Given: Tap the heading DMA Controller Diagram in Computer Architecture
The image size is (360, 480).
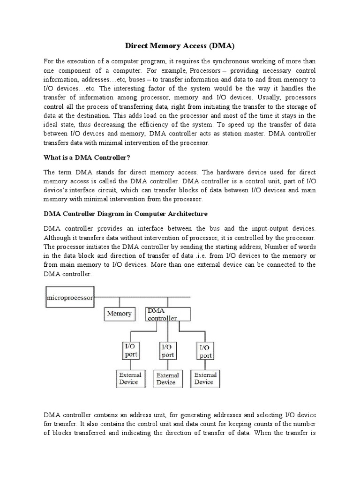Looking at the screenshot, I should [125, 214].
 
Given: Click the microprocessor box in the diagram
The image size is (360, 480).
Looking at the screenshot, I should [70, 298].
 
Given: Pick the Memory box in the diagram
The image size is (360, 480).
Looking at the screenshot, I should [119, 314].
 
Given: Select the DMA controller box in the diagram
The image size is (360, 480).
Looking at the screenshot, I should [167, 314].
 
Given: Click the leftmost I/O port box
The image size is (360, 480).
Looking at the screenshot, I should [131, 351].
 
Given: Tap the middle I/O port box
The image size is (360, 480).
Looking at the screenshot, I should [168, 351].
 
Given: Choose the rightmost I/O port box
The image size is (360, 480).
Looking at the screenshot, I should [205, 351].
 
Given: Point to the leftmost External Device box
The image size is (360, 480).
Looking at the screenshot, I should [129, 378].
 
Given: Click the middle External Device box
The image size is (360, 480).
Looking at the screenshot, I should [167, 378].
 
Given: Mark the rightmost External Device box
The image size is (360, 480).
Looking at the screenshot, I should [205, 378].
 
